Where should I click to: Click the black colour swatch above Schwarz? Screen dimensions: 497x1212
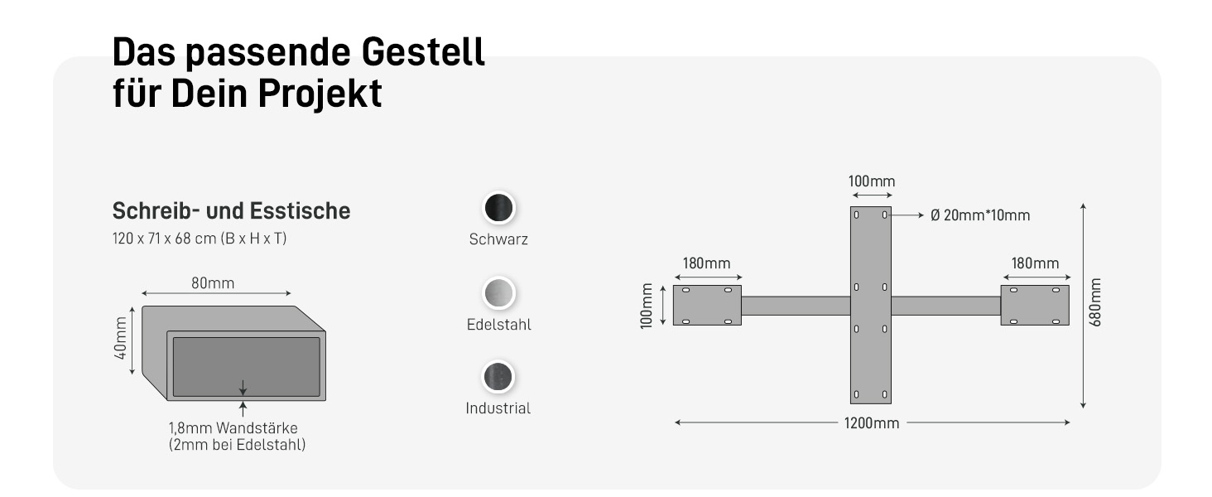[x=498, y=208]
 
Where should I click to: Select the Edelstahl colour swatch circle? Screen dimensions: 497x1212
[x=498, y=292]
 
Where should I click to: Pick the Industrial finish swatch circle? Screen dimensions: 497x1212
[x=498, y=377]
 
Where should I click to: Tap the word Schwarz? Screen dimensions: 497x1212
[x=498, y=240]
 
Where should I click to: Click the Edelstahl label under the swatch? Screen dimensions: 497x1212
[x=498, y=325]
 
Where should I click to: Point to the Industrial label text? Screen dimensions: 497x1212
[x=498, y=408]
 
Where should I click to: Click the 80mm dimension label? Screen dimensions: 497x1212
[x=213, y=283]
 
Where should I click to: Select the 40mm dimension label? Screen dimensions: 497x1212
[x=122, y=340]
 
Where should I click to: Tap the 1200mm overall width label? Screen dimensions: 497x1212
[x=871, y=423]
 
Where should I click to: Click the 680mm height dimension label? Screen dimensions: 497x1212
[x=1095, y=302]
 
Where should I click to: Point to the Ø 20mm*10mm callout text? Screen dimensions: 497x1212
[x=980, y=215]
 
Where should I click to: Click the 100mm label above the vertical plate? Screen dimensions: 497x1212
[x=871, y=181]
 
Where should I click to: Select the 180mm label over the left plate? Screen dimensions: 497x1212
[x=706, y=263]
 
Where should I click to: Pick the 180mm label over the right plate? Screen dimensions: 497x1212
[x=1034, y=263]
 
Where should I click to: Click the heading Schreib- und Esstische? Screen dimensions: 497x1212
[x=231, y=211]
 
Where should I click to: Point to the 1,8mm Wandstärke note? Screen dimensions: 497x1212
[x=233, y=428]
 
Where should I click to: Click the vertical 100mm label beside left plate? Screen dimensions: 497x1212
[x=647, y=306]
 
